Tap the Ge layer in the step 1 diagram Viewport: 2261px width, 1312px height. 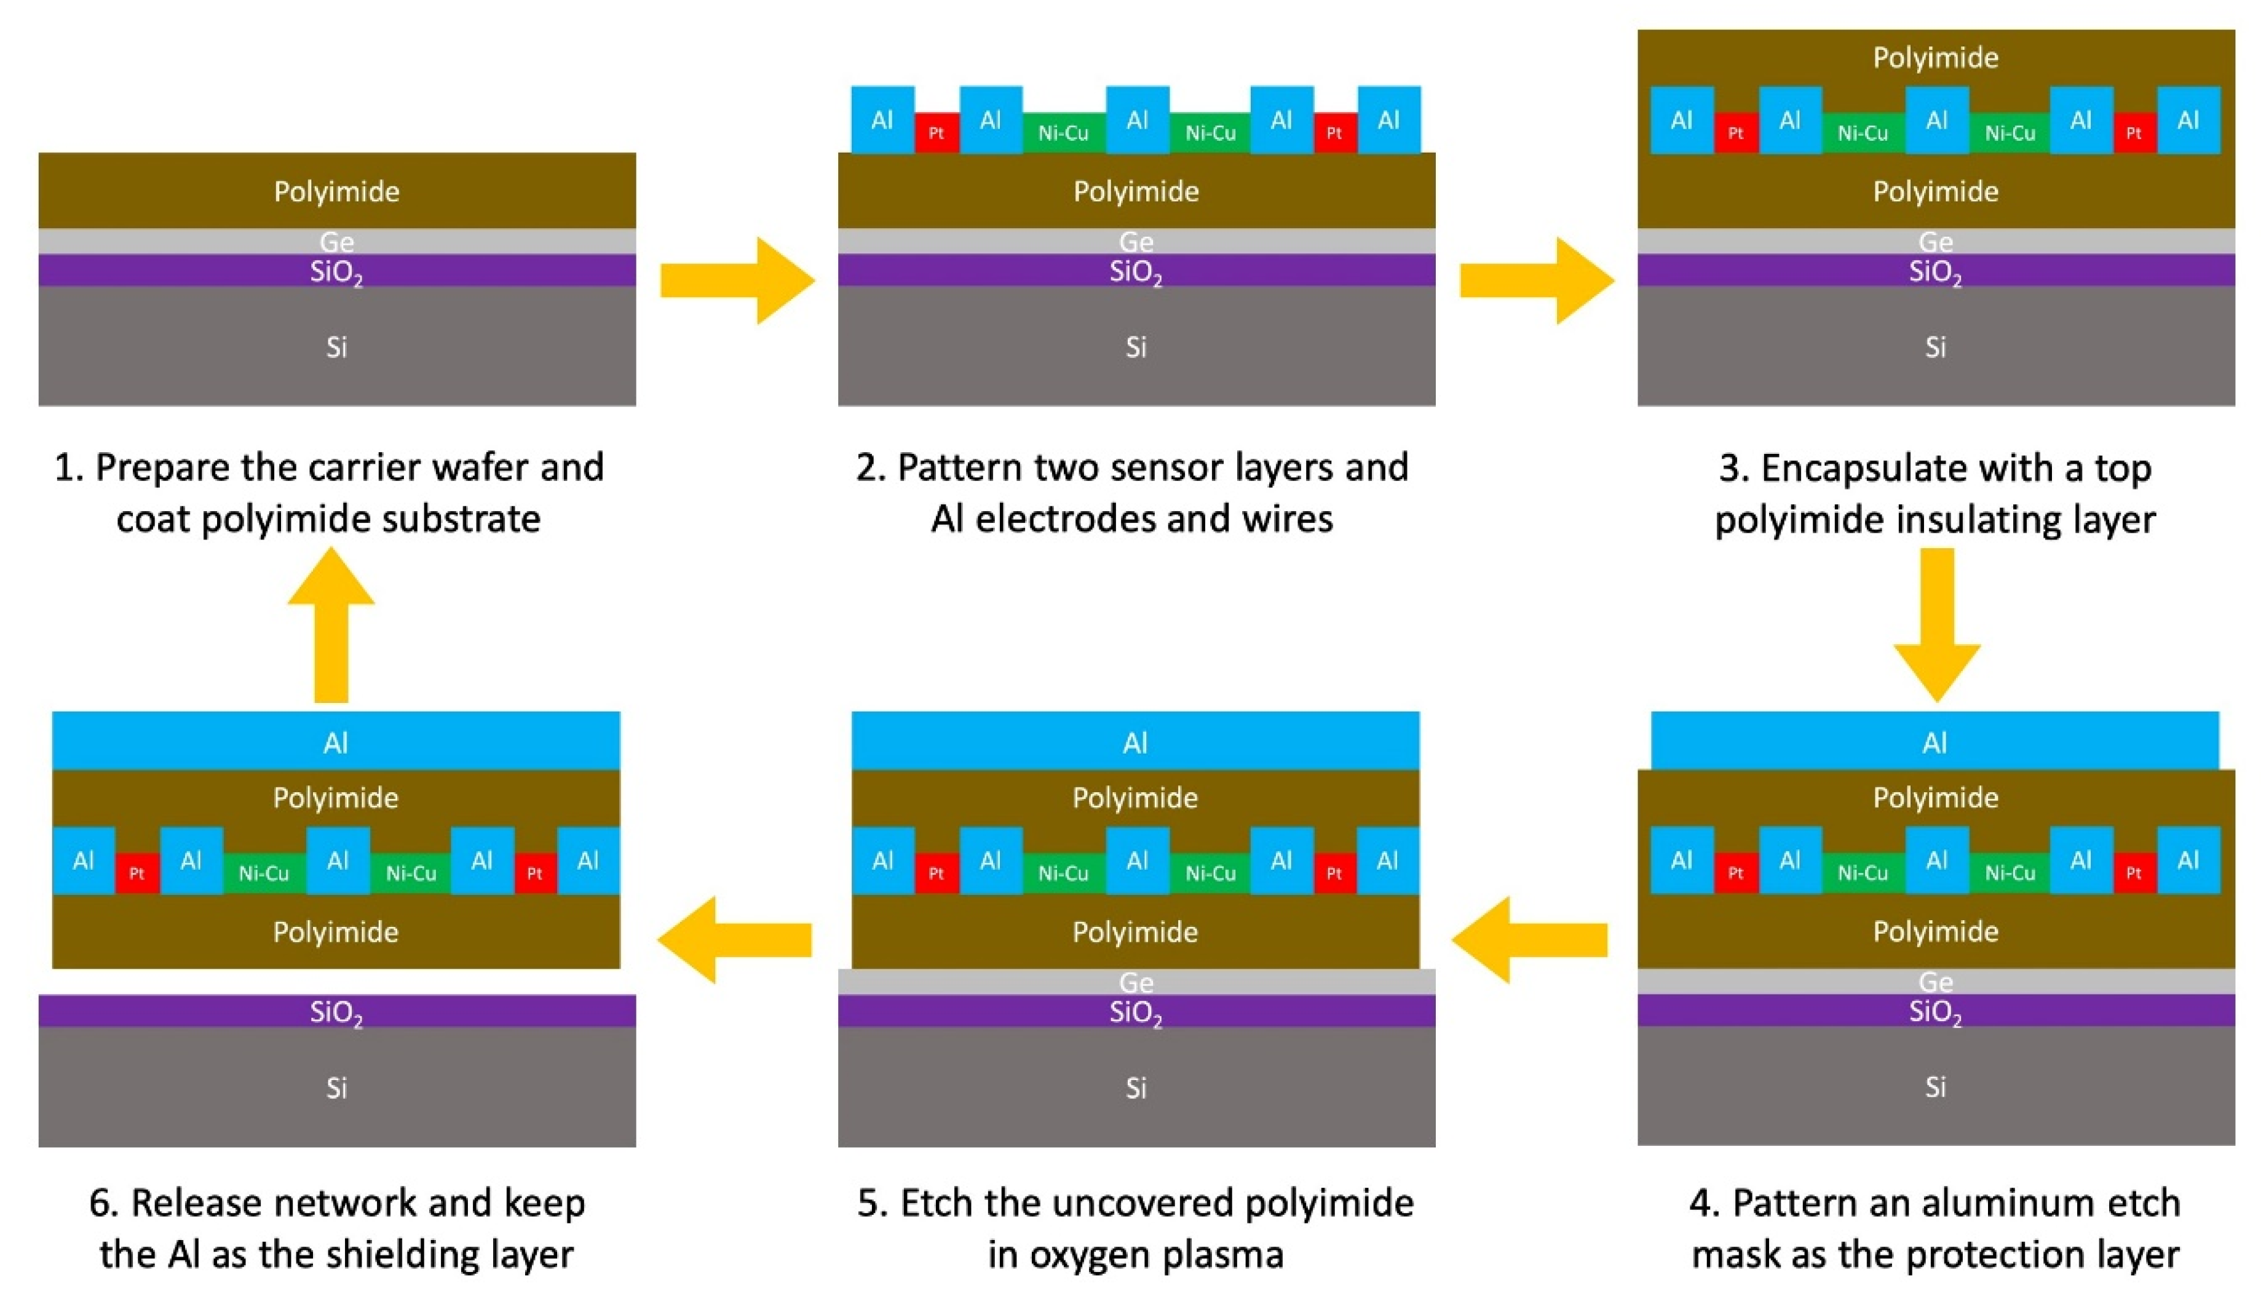pos(180,241)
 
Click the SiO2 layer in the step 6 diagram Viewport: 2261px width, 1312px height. pos(180,1011)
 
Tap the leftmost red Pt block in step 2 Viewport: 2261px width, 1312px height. pos(936,133)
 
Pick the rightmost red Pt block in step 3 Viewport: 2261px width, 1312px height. pos(2134,133)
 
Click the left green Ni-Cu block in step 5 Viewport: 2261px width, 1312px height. pos(1063,872)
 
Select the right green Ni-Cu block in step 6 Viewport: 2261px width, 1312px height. pos(410,872)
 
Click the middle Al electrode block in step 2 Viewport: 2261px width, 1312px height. pos(1137,119)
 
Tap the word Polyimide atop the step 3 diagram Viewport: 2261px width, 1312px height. pos(1935,57)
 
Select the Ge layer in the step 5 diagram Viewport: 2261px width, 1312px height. pos(987,982)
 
